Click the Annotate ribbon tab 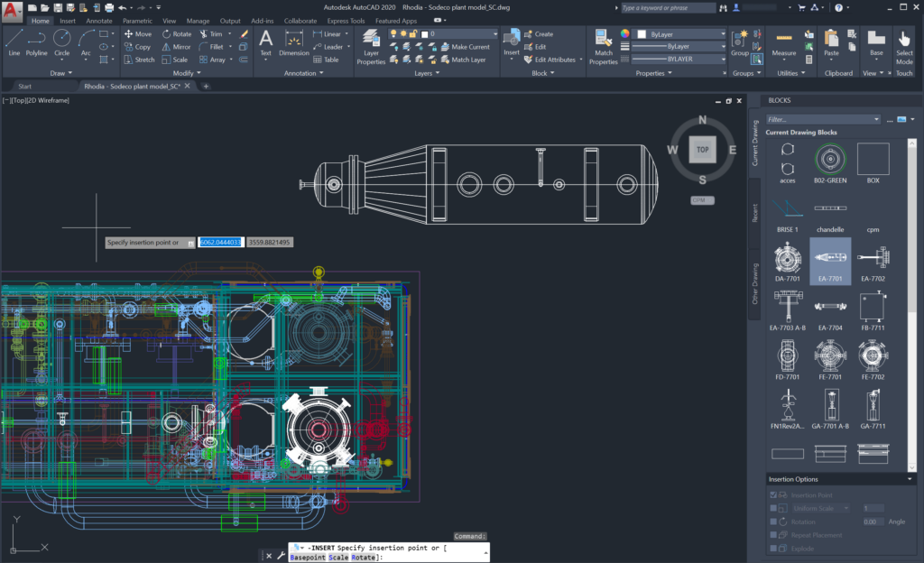pyautogui.click(x=99, y=21)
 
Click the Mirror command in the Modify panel pyautogui.click(x=177, y=47)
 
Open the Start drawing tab pyautogui.click(x=25, y=87)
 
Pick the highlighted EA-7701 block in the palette pyautogui.click(x=829, y=259)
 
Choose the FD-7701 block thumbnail pyautogui.click(x=787, y=360)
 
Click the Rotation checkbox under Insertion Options pyautogui.click(x=773, y=521)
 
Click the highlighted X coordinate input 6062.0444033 pyautogui.click(x=221, y=243)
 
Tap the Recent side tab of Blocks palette pyautogui.click(x=755, y=213)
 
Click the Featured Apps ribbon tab pyautogui.click(x=396, y=21)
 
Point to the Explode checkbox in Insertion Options pyautogui.click(x=773, y=549)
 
